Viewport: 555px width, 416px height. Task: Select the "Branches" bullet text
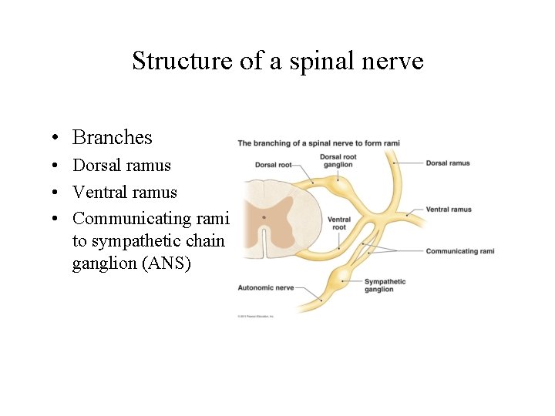coord(113,138)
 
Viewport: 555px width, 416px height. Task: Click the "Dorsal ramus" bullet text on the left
coord(122,166)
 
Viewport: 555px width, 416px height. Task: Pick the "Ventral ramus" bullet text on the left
coord(125,193)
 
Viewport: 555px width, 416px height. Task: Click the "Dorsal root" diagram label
coord(273,163)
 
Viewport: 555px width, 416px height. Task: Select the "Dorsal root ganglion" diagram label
coord(338,161)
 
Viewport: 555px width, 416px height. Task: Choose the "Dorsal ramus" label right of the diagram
coord(448,163)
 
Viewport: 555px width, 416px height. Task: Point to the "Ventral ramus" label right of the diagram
coord(449,210)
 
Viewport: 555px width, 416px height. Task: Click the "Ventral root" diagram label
coord(339,223)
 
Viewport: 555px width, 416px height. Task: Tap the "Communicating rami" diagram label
coord(460,251)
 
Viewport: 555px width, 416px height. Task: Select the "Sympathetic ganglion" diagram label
coord(385,285)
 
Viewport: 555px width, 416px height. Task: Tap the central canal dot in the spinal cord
coord(263,217)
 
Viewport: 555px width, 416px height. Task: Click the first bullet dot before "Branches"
coord(58,139)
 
